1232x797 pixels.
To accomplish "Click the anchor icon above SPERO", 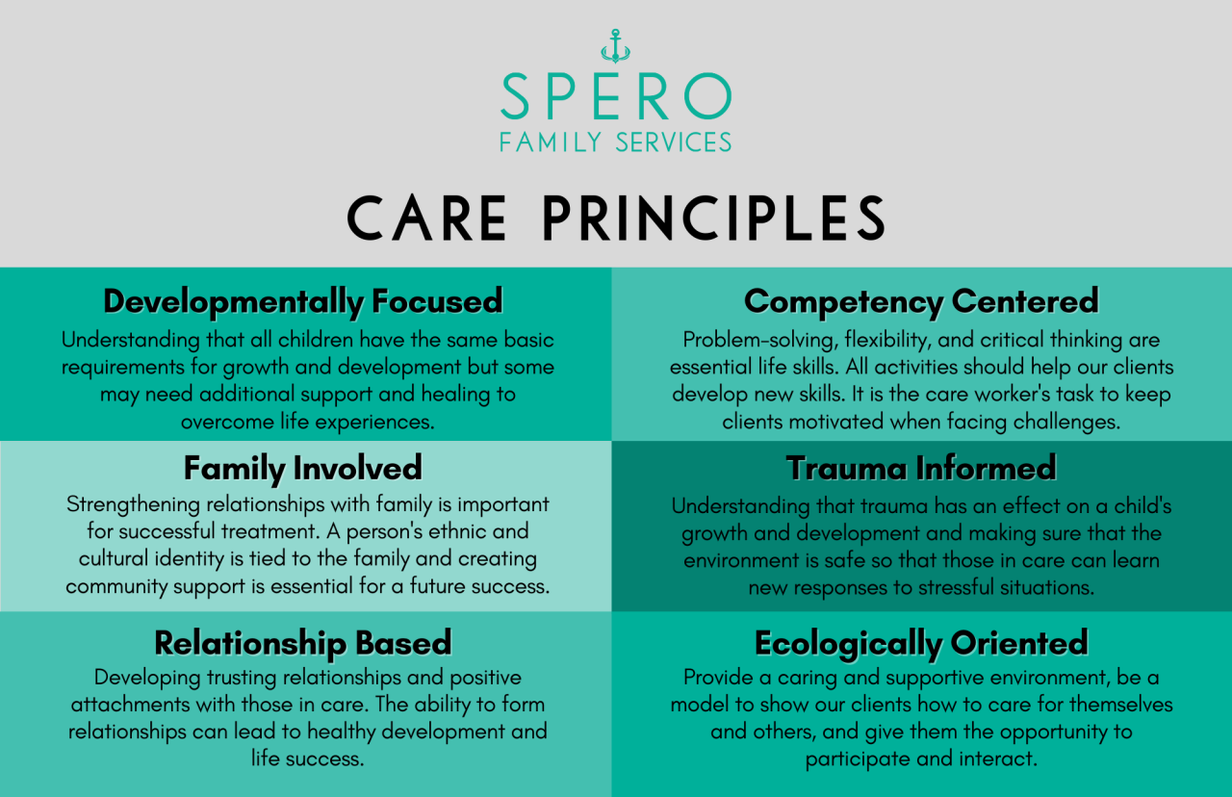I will coord(615,46).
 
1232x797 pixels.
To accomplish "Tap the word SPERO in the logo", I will coord(616,96).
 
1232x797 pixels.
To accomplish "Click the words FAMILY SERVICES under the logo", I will coord(616,142).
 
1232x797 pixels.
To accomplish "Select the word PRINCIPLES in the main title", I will coord(713,219).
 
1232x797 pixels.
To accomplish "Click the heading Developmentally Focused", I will coord(303,301).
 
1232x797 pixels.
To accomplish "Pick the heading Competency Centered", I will coord(921,301).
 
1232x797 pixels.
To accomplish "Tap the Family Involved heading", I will coord(303,468).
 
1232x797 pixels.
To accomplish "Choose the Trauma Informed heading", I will coord(921,468).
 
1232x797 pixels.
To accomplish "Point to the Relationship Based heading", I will coord(303,642).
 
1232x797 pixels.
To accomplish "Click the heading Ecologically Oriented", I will coord(921,642).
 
